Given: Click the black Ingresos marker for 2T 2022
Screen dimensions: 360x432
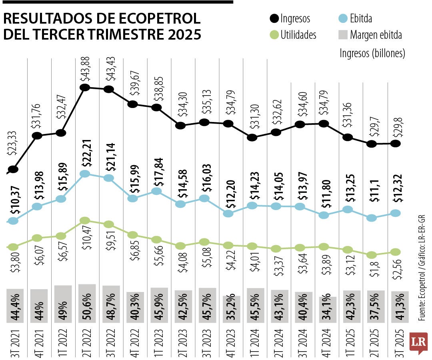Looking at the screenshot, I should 84,87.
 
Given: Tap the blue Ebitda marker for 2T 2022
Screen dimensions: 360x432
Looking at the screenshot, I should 84,174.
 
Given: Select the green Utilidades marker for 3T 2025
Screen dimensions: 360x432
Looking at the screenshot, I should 395,252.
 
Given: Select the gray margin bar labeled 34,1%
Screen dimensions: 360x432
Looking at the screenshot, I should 328,309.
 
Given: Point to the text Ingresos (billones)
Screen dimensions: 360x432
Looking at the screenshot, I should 372,53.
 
